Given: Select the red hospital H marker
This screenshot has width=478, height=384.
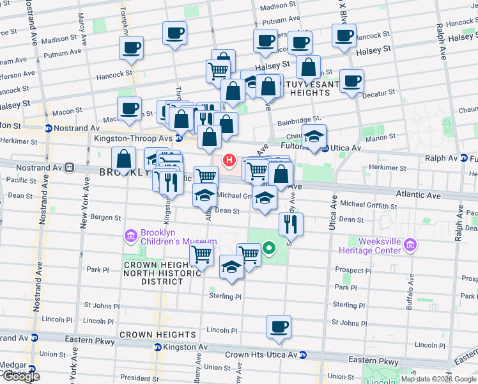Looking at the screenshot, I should (x=227, y=159).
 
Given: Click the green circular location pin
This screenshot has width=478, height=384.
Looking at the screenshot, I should (x=269, y=248).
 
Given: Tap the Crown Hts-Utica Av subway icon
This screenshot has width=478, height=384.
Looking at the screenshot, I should (x=303, y=355).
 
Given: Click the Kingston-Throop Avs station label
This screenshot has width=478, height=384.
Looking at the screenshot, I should (x=133, y=138).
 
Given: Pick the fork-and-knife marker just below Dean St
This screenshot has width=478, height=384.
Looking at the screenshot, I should (x=290, y=223).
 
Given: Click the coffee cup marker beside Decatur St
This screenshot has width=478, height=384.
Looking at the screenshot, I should (x=351, y=81).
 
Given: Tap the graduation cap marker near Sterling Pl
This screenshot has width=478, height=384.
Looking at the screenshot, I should (x=231, y=268).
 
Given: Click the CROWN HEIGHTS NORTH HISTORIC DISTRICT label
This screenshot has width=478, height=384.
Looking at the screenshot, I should (x=153, y=273).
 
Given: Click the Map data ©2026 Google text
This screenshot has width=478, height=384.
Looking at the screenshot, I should (x=438, y=379).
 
